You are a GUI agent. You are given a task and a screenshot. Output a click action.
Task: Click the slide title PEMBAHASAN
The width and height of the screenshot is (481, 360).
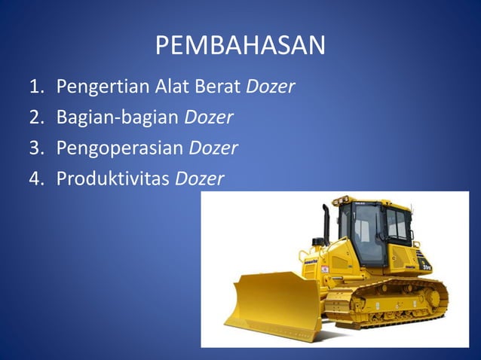(240, 46)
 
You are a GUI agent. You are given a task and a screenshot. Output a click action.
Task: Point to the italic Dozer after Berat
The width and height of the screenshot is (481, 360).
(270, 88)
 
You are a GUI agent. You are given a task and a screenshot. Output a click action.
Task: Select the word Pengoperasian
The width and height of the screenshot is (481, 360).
(120, 148)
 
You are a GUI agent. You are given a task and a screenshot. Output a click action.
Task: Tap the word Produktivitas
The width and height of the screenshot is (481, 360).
(113, 178)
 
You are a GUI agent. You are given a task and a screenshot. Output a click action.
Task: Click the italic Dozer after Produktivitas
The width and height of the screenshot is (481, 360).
(200, 178)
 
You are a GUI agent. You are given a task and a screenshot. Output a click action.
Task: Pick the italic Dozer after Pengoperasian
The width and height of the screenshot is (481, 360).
(213, 148)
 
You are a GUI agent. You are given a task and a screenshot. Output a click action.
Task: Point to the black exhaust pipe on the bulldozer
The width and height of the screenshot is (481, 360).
(326, 223)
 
